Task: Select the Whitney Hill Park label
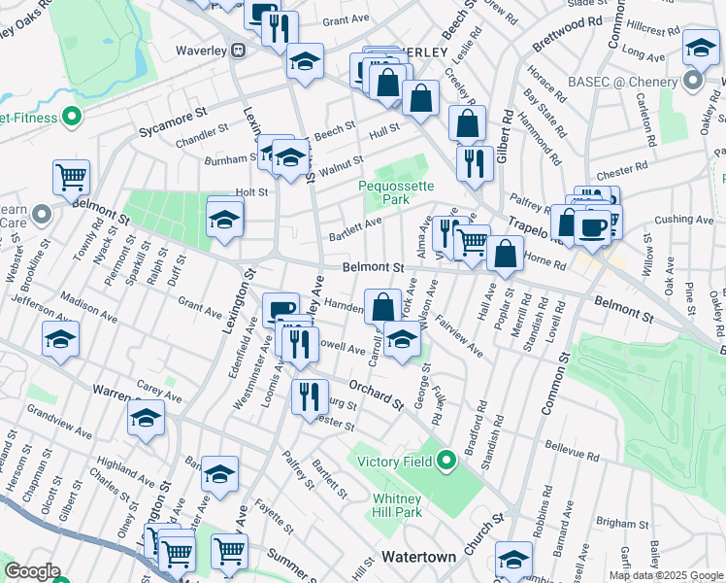coord(398,505)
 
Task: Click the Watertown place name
coord(418,557)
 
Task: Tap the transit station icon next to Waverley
coord(237,51)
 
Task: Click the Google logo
coord(32,571)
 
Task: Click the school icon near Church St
coord(513,559)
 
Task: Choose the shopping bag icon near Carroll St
coord(383,305)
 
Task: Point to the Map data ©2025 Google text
coord(666,575)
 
